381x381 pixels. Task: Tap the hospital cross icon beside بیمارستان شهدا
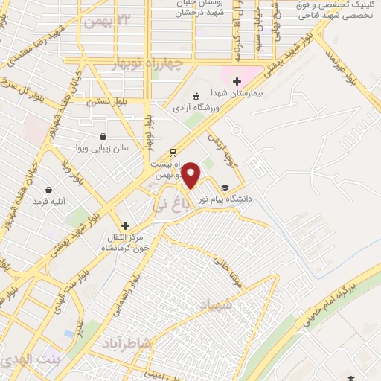pos(237,81)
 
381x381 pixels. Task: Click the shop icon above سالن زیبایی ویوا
pos(102,136)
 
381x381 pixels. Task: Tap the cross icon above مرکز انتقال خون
pos(125,225)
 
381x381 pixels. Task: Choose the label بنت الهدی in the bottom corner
pos(22,360)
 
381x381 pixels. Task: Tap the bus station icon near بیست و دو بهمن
pos(173,147)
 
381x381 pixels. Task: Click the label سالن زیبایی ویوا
pos(104,148)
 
